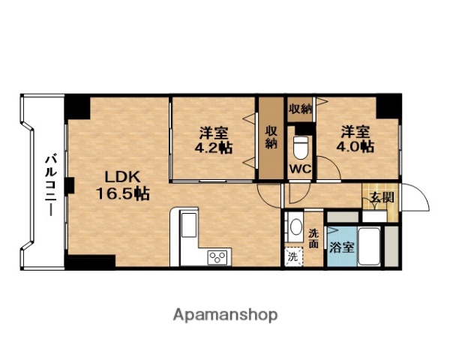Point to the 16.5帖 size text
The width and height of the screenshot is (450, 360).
tap(121, 193)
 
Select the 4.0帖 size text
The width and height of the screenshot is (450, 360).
tap(357, 147)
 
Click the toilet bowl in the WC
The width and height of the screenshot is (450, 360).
tap(301, 142)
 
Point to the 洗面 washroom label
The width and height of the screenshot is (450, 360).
tap(313, 236)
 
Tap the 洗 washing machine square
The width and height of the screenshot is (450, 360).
tap(292, 255)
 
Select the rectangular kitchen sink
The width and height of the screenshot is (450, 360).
tap(188, 225)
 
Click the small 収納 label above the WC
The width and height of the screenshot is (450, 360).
tap(300, 109)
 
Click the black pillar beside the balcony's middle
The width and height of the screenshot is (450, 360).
tap(69, 184)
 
